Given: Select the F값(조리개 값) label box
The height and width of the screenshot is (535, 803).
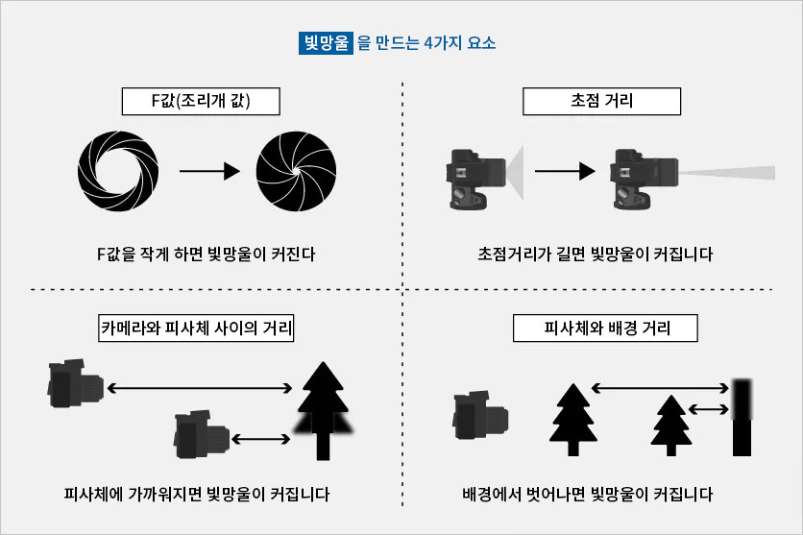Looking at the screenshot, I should coord(201,101).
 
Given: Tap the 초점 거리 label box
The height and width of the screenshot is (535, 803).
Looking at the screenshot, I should coord(601,101).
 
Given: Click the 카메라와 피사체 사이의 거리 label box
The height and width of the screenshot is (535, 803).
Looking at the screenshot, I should coord(197,328).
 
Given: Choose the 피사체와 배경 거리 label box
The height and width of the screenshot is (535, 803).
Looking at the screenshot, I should coord(606,328).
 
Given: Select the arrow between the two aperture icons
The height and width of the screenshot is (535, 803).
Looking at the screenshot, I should coord(207,172).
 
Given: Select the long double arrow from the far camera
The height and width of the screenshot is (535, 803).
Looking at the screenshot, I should coord(200,388).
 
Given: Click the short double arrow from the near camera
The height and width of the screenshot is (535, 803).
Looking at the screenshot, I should coord(261,438).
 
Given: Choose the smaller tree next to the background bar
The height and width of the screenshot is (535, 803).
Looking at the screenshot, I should coord(671,424).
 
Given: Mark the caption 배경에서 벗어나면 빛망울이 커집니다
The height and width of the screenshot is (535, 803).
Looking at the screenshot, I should coord(588,496).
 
